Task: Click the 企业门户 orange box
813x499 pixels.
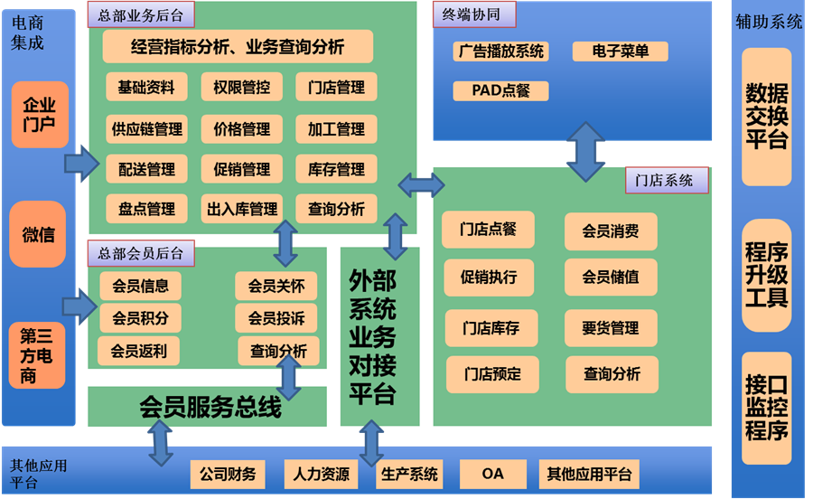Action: [39, 115]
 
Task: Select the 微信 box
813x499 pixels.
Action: [38, 235]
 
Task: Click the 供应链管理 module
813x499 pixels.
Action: [146, 129]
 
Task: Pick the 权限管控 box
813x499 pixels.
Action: [241, 88]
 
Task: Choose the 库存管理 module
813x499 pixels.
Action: [336, 169]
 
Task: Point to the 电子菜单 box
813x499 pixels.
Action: [620, 52]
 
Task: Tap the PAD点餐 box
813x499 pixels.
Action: [500, 90]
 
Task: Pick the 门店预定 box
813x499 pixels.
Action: [491, 374]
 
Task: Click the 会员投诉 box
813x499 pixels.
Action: [276, 318]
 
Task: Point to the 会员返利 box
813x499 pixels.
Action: [138, 350]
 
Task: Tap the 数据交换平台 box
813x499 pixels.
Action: [766, 117]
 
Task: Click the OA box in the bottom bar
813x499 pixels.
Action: [492, 474]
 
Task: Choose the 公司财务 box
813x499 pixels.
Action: [228, 474]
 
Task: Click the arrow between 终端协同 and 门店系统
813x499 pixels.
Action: [585, 154]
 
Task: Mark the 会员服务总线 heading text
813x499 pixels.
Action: [210, 408]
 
